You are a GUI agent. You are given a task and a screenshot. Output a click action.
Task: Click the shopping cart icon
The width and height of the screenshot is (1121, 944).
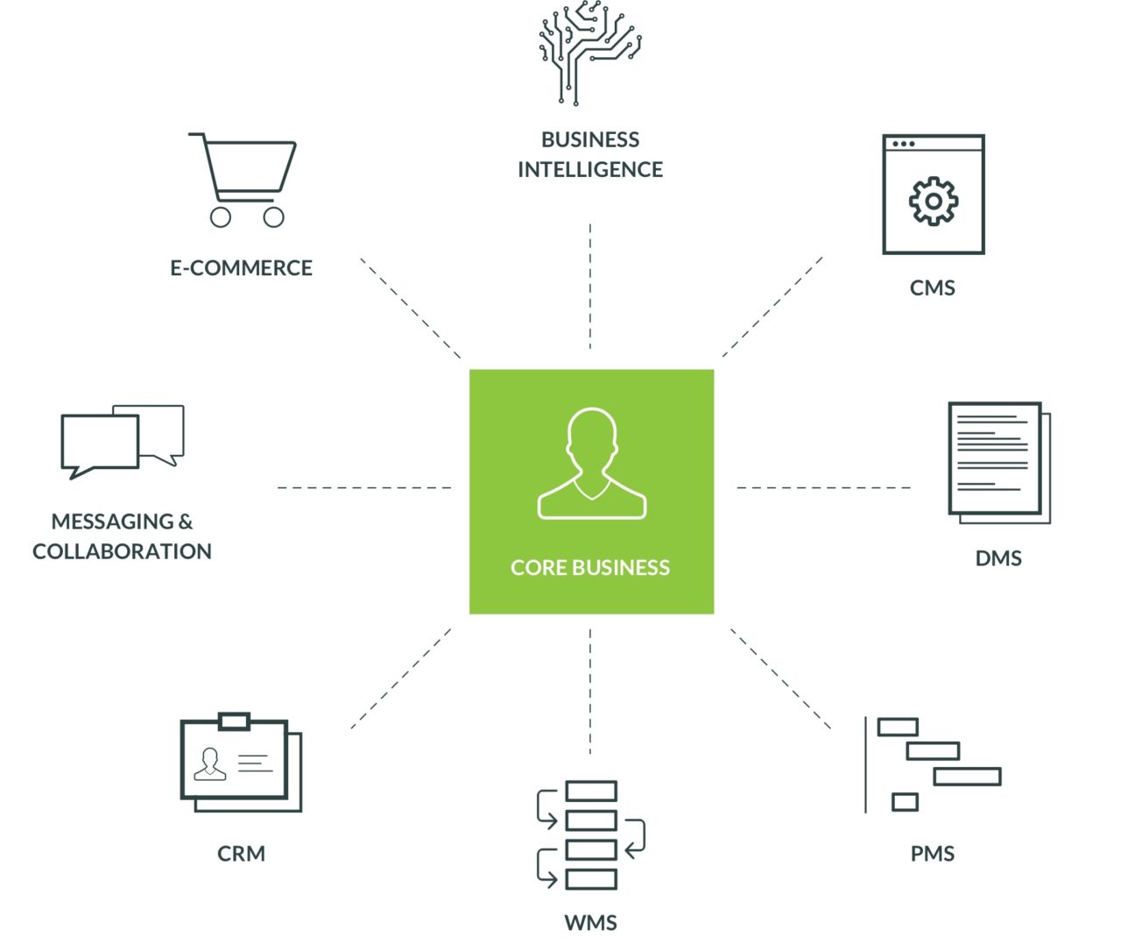tap(243, 180)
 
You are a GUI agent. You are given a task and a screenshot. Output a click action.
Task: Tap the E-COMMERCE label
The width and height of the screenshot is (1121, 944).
tap(241, 267)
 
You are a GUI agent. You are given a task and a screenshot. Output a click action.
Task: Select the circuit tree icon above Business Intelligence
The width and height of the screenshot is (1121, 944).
tap(589, 53)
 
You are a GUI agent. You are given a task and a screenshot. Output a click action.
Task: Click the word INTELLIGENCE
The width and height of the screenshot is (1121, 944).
tap(590, 170)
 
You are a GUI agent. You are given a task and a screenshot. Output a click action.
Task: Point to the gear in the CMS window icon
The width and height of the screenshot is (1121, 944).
tap(933, 201)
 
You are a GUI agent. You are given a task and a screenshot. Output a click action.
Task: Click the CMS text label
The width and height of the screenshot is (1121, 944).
tap(933, 288)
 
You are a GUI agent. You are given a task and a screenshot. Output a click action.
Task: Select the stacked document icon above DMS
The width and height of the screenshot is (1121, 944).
tap(999, 463)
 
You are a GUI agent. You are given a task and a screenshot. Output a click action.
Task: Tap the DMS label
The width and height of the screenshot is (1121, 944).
tap(998, 558)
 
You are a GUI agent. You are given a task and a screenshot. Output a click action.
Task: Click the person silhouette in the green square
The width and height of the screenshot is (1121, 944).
tap(592, 463)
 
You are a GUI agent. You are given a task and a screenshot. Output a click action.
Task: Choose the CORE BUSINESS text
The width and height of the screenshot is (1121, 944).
tap(590, 567)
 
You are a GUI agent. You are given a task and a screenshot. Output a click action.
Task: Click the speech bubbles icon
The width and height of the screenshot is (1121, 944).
tap(123, 442)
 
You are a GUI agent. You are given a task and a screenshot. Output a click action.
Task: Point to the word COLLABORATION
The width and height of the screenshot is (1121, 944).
tap(122, 551)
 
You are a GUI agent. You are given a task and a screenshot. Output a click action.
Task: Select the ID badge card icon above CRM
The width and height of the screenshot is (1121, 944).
tap(241, 762)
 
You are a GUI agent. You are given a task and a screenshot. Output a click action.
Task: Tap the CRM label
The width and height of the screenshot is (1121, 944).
tap(241, 853)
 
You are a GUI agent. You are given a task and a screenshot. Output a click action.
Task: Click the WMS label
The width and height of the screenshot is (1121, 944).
tap(590, 922)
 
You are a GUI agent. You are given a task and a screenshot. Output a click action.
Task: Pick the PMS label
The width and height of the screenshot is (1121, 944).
tap(933, 853)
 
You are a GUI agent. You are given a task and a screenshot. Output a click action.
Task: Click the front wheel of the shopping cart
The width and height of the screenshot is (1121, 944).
tap(274, 217)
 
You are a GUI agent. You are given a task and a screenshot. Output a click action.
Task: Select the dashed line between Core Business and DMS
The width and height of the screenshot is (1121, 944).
tap(823, 488)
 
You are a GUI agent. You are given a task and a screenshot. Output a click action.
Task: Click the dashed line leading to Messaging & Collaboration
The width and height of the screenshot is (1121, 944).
tap(364, 488)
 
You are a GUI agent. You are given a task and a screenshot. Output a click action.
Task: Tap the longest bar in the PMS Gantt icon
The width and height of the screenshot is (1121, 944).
tap(968, 777)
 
